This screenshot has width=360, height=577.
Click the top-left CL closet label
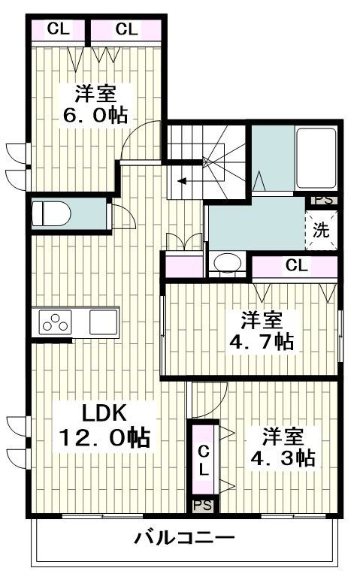(x=59, y=29)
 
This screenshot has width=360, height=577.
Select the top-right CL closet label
(x=126, y=29)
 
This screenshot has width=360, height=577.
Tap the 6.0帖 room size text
(x=95, y=115)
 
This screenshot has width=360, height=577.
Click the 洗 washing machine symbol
(x=322, y=231)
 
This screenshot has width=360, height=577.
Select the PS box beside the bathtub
(x=323, y=201)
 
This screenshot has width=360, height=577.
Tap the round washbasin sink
(x=226, y=263)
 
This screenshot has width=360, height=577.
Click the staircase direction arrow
(x=183, y=180)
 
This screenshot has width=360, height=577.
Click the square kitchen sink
(x=103, y=322)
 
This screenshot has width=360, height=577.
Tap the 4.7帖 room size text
(x=262, y=341)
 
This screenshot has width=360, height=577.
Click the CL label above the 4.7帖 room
(x=296, y=265)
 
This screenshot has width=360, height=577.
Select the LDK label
(x=106, y=413)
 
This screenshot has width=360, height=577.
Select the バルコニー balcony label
(x=185, y=538)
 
